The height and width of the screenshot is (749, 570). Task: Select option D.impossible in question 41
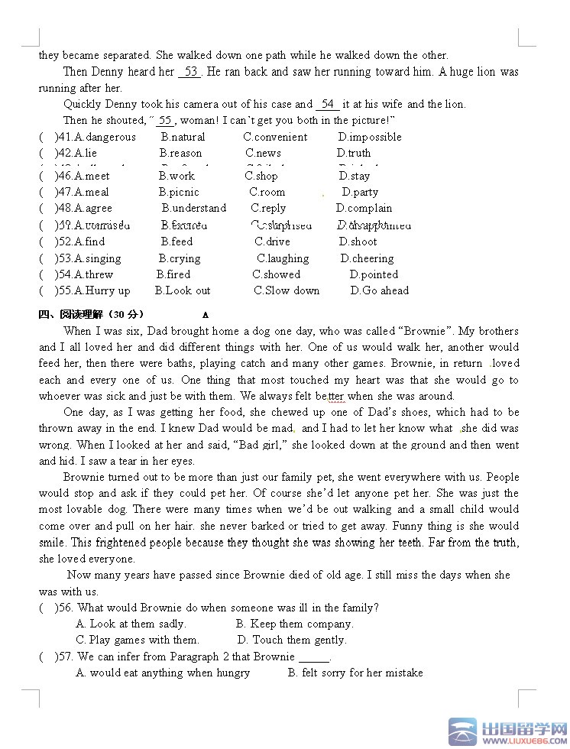(x=370, y=138)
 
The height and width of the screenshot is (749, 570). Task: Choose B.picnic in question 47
(x=179, y=193)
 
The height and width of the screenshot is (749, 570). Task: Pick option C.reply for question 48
(x=268, y=208)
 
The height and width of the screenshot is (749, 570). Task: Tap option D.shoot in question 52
(x=358, y=242)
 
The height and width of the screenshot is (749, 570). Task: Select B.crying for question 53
(x=180, y=258)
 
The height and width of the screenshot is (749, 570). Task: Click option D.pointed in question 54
(x=374, y=274)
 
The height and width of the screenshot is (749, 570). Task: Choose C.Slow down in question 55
(x=287, y=290)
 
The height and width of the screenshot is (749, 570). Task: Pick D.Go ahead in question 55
(x=380, y=290)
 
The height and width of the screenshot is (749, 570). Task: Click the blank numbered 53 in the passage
(x=190, y=72)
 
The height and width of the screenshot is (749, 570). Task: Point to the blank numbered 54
(x=328, y=104)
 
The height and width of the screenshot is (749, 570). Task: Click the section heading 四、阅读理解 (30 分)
(x=91, y=314)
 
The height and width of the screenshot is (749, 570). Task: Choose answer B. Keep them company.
(x=294, y=624)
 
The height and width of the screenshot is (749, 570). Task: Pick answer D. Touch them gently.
(x=292, y=640)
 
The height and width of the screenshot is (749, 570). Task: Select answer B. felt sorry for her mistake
(x=355, y=673)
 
